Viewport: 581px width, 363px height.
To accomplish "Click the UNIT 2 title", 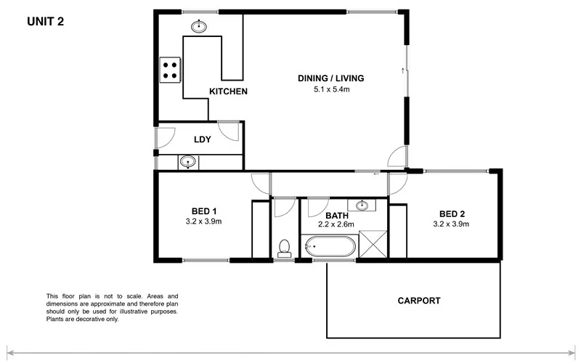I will pyautogui.click(x=46, y=21).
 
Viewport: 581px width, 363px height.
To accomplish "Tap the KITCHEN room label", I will pyautogui.click(x=229, y=91).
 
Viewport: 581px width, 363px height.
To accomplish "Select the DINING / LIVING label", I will pyautogui.click(x=330, y=78).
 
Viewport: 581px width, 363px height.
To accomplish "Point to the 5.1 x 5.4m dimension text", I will pyautogui.click(x=330, y=90).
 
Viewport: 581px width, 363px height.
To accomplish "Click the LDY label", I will pyautogui.click(x=202, y=139).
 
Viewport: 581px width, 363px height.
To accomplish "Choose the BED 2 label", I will pyautogui.click(x=452, y=213).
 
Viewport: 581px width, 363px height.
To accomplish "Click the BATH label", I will pyautogui.click(x=336, y=216).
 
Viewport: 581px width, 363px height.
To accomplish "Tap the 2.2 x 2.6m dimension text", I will pyautogui.click(x=336, y=224).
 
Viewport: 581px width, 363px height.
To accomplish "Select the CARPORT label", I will pyautogui.click(x=418, y=300).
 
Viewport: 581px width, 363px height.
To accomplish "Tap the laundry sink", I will pyautogui.click(x=188, y=161).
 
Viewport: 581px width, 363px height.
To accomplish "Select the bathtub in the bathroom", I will pyautogui.click(x=330, y=247).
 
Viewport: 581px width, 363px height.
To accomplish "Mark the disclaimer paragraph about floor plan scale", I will pyautogui.click(x=111, y=307).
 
